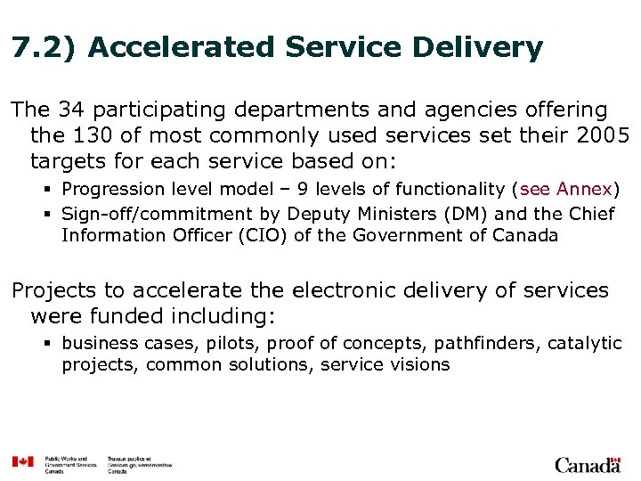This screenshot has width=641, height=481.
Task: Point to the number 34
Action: tap(71, 110)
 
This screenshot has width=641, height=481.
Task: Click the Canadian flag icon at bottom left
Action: tap(22, 461)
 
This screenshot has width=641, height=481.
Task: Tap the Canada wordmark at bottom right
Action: tap(588, 464)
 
